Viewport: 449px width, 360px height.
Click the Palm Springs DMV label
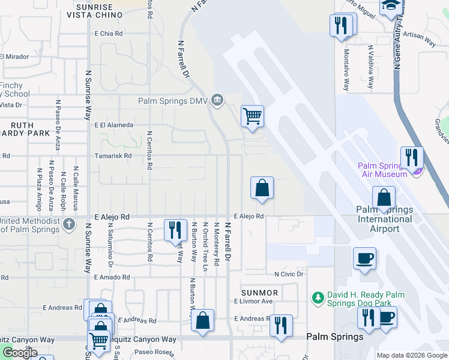coord(173,101)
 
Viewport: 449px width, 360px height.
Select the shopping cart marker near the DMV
coord(253,115)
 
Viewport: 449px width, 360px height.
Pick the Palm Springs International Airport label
coord(384,219)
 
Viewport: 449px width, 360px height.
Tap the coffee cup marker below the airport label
coord(364,258)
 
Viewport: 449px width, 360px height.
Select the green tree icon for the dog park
coord(318,296)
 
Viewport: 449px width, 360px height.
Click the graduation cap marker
coord(391,6)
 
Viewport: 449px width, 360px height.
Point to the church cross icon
coord(69,224)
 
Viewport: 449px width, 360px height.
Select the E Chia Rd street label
coord(108,34)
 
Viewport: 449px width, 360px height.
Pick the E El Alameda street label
coord(113,125)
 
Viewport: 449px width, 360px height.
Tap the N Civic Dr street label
coord(289,274)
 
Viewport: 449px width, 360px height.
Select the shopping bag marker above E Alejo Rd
coord(262,188)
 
